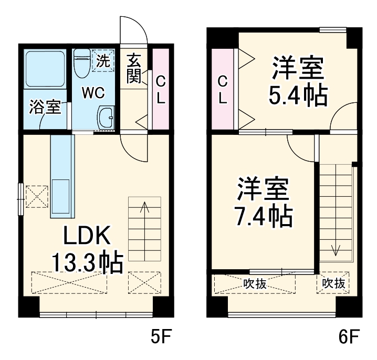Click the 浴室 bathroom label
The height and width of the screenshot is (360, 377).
click(x=45, y=108)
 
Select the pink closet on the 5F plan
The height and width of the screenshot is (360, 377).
click(x=161, y=89)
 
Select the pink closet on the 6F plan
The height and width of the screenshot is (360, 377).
click(x=223, y=89)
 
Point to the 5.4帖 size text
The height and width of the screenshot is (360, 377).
click(x=298, y=95)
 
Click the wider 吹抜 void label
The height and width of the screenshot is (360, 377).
click(x=255, y=284)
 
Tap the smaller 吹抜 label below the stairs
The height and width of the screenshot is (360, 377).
click(x=334, y=284)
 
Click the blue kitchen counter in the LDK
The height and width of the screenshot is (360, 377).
click(x=62, y=176)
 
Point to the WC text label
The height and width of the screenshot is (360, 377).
click(x=93, y=93)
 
